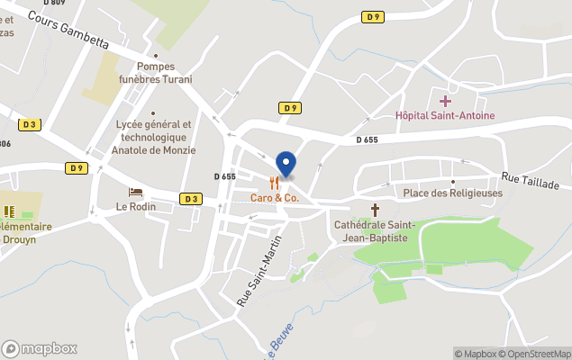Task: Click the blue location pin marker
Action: (x=286, y=164)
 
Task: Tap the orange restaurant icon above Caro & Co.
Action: (x=275, y=183)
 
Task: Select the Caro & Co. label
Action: (x=275, y=197)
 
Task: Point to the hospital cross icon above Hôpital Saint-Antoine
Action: (x=445, y=101)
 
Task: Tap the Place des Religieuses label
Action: (x=452, y=193)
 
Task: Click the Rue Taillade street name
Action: (x=531, y=181)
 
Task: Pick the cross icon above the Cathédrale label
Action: (x=375, y=209)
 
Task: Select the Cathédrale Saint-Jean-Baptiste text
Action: (x=371, y=231)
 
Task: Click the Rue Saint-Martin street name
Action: (x=259, y=269)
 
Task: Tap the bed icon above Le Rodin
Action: (x=135, y=192)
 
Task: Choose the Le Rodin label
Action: (x=136, y=206)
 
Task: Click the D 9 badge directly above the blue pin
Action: (x=289, y=108)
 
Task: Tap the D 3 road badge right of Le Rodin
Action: (x=190, y=199)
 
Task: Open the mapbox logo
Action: (x=39, y=348)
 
